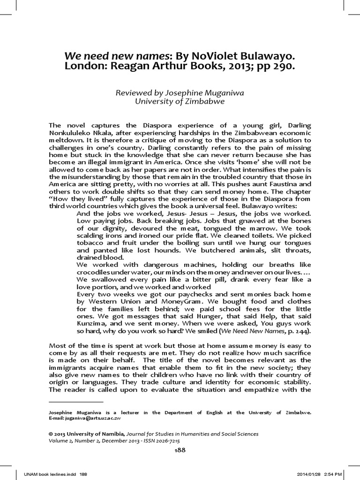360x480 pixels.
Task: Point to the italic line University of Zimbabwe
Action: (180, 101)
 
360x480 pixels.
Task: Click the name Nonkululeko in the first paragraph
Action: (70, 134)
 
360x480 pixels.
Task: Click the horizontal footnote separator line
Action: (76, 402)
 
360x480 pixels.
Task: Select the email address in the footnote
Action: (100, 419)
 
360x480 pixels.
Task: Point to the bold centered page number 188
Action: (180, 450)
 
